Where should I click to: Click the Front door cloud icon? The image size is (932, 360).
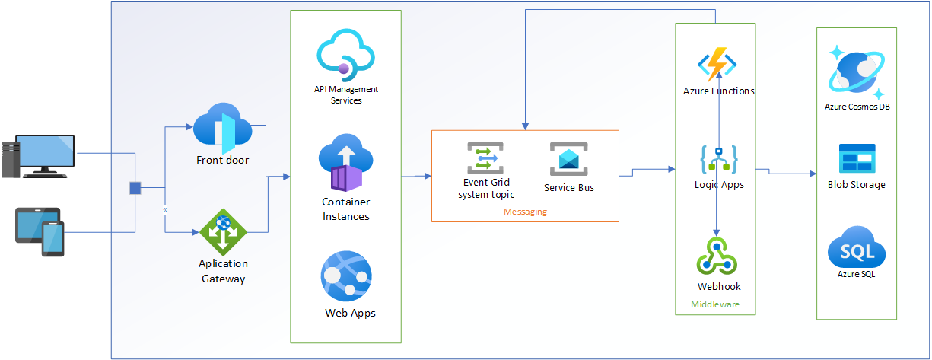tap(224, 125)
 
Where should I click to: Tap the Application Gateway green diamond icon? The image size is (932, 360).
tap(223, 231)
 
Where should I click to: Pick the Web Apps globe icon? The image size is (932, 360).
tap(346, 276)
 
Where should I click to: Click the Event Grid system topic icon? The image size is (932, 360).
tap(482, 158)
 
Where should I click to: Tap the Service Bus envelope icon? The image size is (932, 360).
tap(569, 159)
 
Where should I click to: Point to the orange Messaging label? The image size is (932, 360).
tap(525, 212)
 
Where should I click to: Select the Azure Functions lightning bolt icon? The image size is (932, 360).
tap(717, 65)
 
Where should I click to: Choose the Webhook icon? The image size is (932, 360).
tap(717, 256)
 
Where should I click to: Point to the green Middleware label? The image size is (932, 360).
tap(714, 304)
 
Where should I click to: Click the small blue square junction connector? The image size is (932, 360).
tap(135, 187)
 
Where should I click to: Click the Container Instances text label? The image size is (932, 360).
tap(345, 209)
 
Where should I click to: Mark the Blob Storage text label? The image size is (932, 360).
tap(857, 184)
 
